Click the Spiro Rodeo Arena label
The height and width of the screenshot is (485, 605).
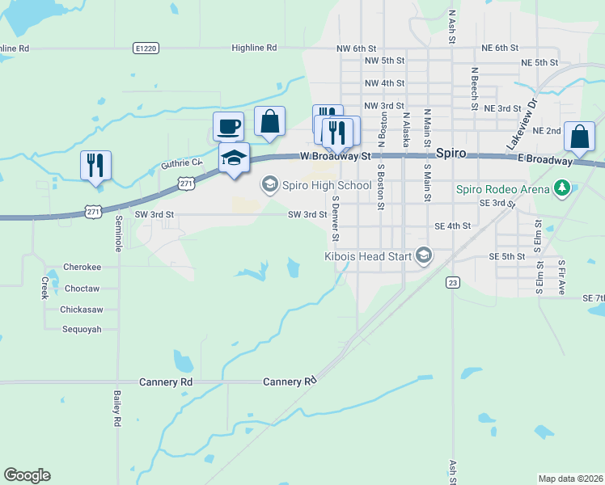tap(502, 190)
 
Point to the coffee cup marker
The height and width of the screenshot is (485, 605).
tap(228, 126)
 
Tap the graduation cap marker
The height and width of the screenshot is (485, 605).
tap(234, 158)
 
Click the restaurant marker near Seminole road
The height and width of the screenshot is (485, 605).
tap(96, 166)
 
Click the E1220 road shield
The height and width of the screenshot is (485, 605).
tap(146, 48)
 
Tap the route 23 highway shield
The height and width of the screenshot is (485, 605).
tap(453, 282)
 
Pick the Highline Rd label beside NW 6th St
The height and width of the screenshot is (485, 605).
tap(254, 48)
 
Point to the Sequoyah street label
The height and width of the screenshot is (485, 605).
tap(82, 329)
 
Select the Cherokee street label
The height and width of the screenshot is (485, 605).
tap(82, 268)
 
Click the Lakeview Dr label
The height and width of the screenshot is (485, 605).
tap(522, 123)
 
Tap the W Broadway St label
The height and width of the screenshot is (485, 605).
tap(334, 155)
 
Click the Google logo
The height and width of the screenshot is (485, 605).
tap(27, 475)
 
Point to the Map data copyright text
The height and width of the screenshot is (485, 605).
tap(570, 479)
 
